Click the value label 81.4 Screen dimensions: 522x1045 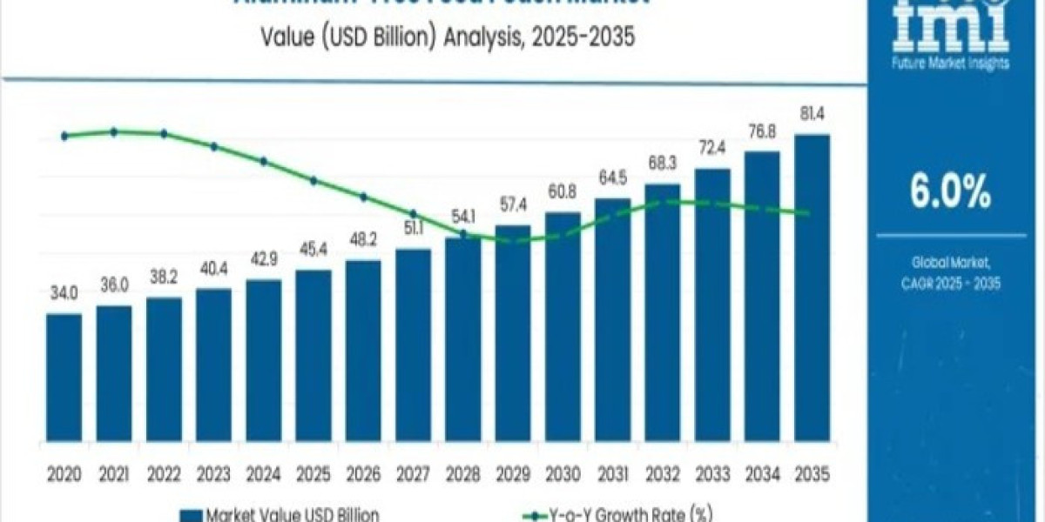tap(812, 114)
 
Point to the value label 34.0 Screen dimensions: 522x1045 tap(64, 293)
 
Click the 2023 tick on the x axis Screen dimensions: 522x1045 tap(213, 475)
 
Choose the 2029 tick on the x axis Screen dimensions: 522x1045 tap(512, 475)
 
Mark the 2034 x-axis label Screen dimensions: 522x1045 tap(762, 475)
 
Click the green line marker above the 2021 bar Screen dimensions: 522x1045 tap(114, 132)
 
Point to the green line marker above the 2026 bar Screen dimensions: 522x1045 tap(363, 197)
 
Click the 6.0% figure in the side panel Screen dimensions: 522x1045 tap(950, 192)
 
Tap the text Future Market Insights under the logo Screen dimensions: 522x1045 tap(950, 64)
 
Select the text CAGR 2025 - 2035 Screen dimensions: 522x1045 tap(950, 283)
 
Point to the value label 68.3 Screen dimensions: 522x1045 tap(662, 164)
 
